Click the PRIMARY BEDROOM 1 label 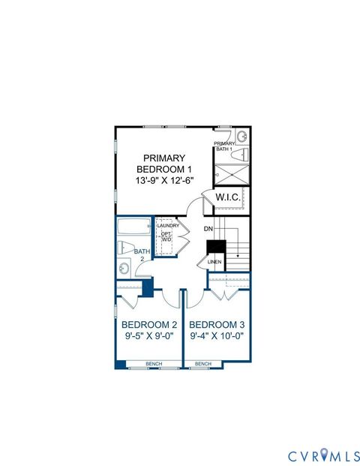[x=165, y=164]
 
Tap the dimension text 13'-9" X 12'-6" [x=165, y=181]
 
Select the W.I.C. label [x=227, y=197]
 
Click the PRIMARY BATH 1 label [x=224, y=146]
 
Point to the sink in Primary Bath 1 [x=241, y=137]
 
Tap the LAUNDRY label [x=167, y=225]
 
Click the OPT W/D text [x=166, y=236]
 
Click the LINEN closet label [x=214, y=262]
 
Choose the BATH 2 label [x=140, y=255]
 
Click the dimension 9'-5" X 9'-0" [x=149, y=336]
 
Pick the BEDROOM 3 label [x=217, y=324]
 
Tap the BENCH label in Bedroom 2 [x=154, y=364]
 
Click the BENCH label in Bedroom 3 [x=202, y=364]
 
